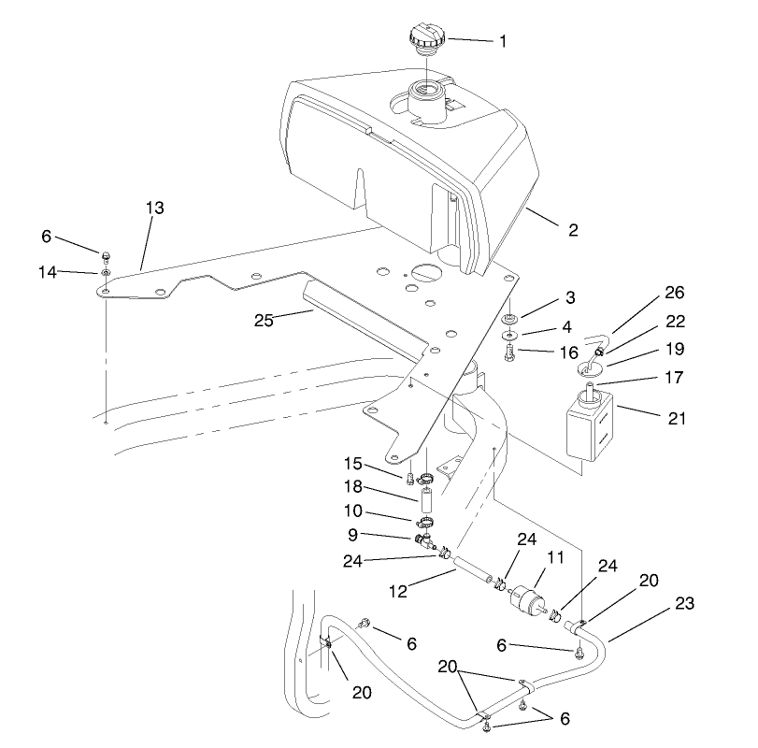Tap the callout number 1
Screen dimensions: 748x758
502,41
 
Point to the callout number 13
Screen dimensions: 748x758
153,209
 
